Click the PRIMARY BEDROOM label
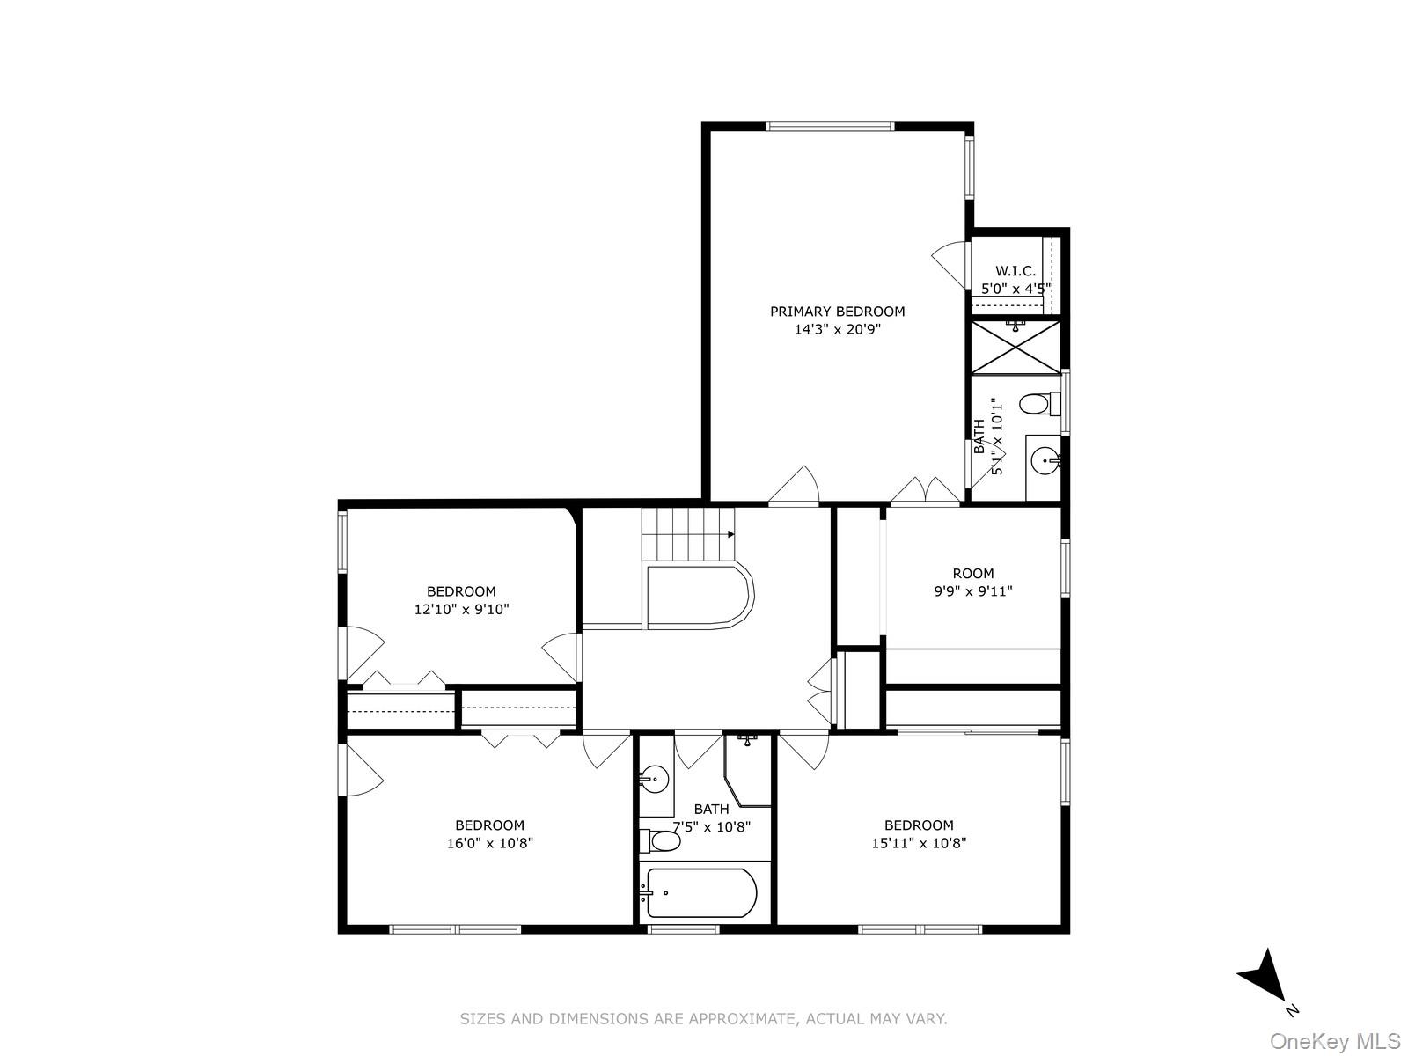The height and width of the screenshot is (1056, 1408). click(x=837, y=312)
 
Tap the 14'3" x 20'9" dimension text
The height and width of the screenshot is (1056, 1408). click(x=837, y=330)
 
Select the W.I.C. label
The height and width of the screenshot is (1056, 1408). click(x=1016, y=271)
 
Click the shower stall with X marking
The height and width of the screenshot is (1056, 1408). click(x=1016, y=348)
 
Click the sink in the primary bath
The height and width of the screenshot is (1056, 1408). click(x=1044, y=458)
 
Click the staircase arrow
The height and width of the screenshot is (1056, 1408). click(x=730, y=534)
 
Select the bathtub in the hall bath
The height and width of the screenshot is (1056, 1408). click(x=698, y=893)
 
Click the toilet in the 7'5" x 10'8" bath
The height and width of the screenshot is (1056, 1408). click(x=662, y=842)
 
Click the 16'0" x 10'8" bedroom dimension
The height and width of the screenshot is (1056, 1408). click(x=489, y=843)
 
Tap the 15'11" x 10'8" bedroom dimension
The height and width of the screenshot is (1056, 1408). click(x=919, y=843)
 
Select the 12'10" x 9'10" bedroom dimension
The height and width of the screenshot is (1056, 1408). click(x=462, y=609)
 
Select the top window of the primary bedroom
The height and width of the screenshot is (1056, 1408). click(x=830, y=127)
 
